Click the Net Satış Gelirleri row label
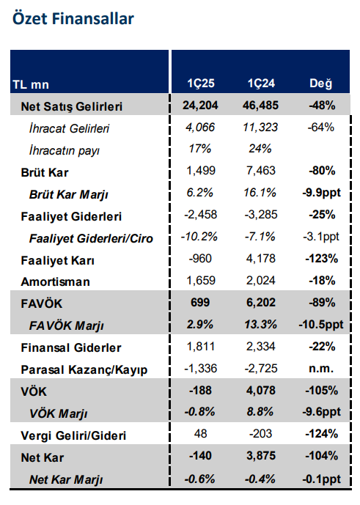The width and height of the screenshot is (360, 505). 72,106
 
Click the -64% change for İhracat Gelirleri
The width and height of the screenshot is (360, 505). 321,128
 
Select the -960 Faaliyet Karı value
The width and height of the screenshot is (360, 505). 200,259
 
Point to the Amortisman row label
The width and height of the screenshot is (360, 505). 54,281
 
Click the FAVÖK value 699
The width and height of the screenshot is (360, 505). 200,303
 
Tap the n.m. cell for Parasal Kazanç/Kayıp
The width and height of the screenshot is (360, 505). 321,369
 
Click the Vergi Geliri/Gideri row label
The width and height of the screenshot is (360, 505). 73,435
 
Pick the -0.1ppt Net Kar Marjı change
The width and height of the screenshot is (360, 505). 321,479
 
